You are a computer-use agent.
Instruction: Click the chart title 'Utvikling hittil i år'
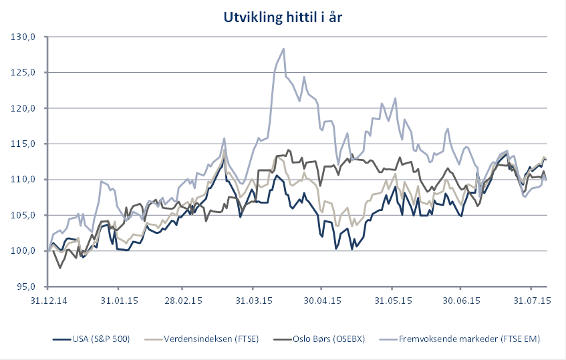coord(283,17)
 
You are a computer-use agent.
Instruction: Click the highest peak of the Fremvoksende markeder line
coord(284,48)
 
